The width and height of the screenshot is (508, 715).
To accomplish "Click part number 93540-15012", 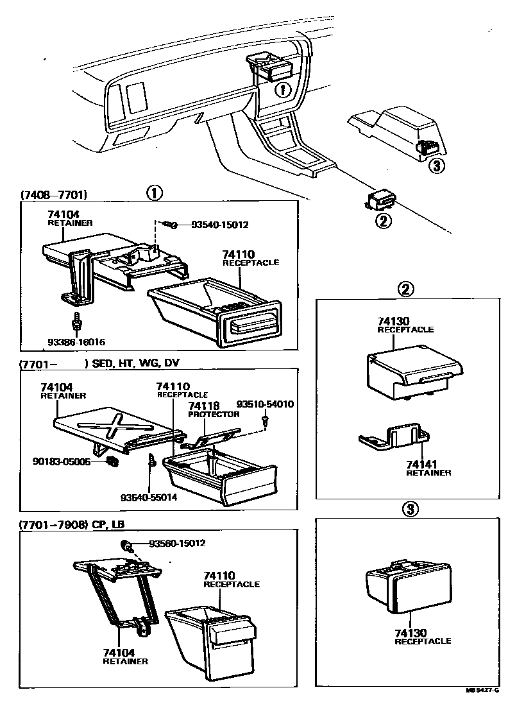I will point(219,225).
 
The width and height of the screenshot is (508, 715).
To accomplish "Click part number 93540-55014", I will point(149,497).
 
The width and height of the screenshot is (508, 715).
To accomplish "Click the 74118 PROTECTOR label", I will point(213,409).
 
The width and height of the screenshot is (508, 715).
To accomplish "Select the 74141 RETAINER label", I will point(428,468).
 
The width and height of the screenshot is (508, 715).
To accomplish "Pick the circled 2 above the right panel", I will point(405,289).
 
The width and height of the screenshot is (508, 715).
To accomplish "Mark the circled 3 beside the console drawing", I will point(436,166).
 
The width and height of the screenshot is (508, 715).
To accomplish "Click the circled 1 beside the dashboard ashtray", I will point(283,89).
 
